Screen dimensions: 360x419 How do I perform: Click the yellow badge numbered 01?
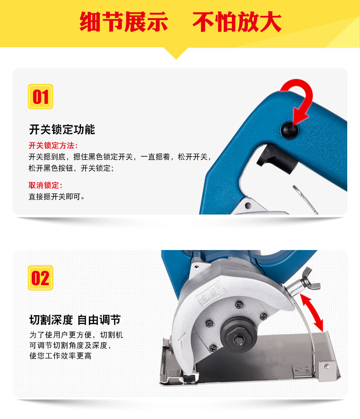[x=41, y=97]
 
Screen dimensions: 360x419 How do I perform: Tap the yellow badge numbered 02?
[x=41, y=278]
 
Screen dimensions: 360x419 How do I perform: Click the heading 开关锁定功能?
[x=62, y=130]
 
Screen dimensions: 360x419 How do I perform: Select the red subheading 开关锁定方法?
[x=53, y=145]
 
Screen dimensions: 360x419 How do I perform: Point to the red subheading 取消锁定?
[x=45, y=185]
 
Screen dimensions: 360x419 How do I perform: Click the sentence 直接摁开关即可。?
[x=57, y=197]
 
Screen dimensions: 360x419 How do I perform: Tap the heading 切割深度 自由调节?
[x=75, y=320]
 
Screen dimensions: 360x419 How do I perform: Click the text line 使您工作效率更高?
[x=61, y=356]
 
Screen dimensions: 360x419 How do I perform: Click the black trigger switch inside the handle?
[x=277, y=159]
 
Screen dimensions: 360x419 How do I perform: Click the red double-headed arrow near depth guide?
[x=312, y=312]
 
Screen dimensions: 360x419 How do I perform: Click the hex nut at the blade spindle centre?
[x=238, y=339]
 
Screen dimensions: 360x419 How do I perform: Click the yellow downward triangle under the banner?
[x=176, y=53]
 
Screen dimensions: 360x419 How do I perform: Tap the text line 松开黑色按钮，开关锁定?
[x=71, y=168]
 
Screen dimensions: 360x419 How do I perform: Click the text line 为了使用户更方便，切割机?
[x=76, y=335]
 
